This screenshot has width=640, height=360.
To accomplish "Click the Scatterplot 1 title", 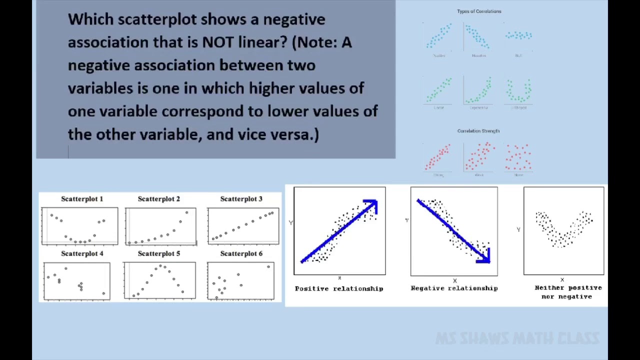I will click(x=82, y=199).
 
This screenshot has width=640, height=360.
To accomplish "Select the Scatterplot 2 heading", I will click(x=158, y=199).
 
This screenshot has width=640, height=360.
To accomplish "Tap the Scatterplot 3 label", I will click(x=241, y=199).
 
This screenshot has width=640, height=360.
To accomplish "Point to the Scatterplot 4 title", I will click(x=82, y=253).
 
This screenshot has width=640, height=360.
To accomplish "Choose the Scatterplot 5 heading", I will click(x=158, y=253).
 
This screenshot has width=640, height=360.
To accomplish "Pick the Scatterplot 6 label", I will click(x=241, y=253).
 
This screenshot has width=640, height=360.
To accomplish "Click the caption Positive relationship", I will click(x=339, y=288).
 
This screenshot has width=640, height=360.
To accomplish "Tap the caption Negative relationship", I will click(x=454, y=288).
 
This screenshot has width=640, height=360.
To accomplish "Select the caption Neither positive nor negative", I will click(x=568, y=292).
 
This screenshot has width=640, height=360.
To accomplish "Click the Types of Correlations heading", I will click(x=479, y=11).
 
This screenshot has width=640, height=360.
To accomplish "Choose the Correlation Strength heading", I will click(x=478, y=131).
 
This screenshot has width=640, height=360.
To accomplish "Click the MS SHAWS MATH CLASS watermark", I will click(x=517, y=338).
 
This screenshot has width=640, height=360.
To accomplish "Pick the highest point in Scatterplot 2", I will click(x=186, y=212).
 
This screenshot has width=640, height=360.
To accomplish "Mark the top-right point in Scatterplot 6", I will click(x=268, y=266).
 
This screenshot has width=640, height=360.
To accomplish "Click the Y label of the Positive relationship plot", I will click(x=290, y=222).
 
